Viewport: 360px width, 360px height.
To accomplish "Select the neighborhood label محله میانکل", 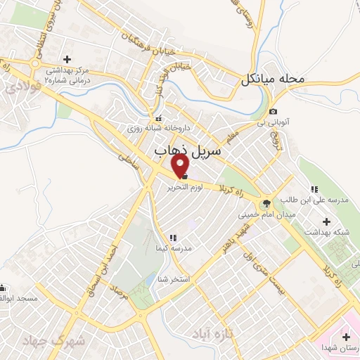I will (274, 79).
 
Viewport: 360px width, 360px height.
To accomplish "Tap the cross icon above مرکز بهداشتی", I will (67, 59).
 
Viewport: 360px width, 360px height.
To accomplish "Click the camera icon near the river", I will (273, 112).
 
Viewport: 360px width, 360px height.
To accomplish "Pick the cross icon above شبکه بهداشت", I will (326, 221).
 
